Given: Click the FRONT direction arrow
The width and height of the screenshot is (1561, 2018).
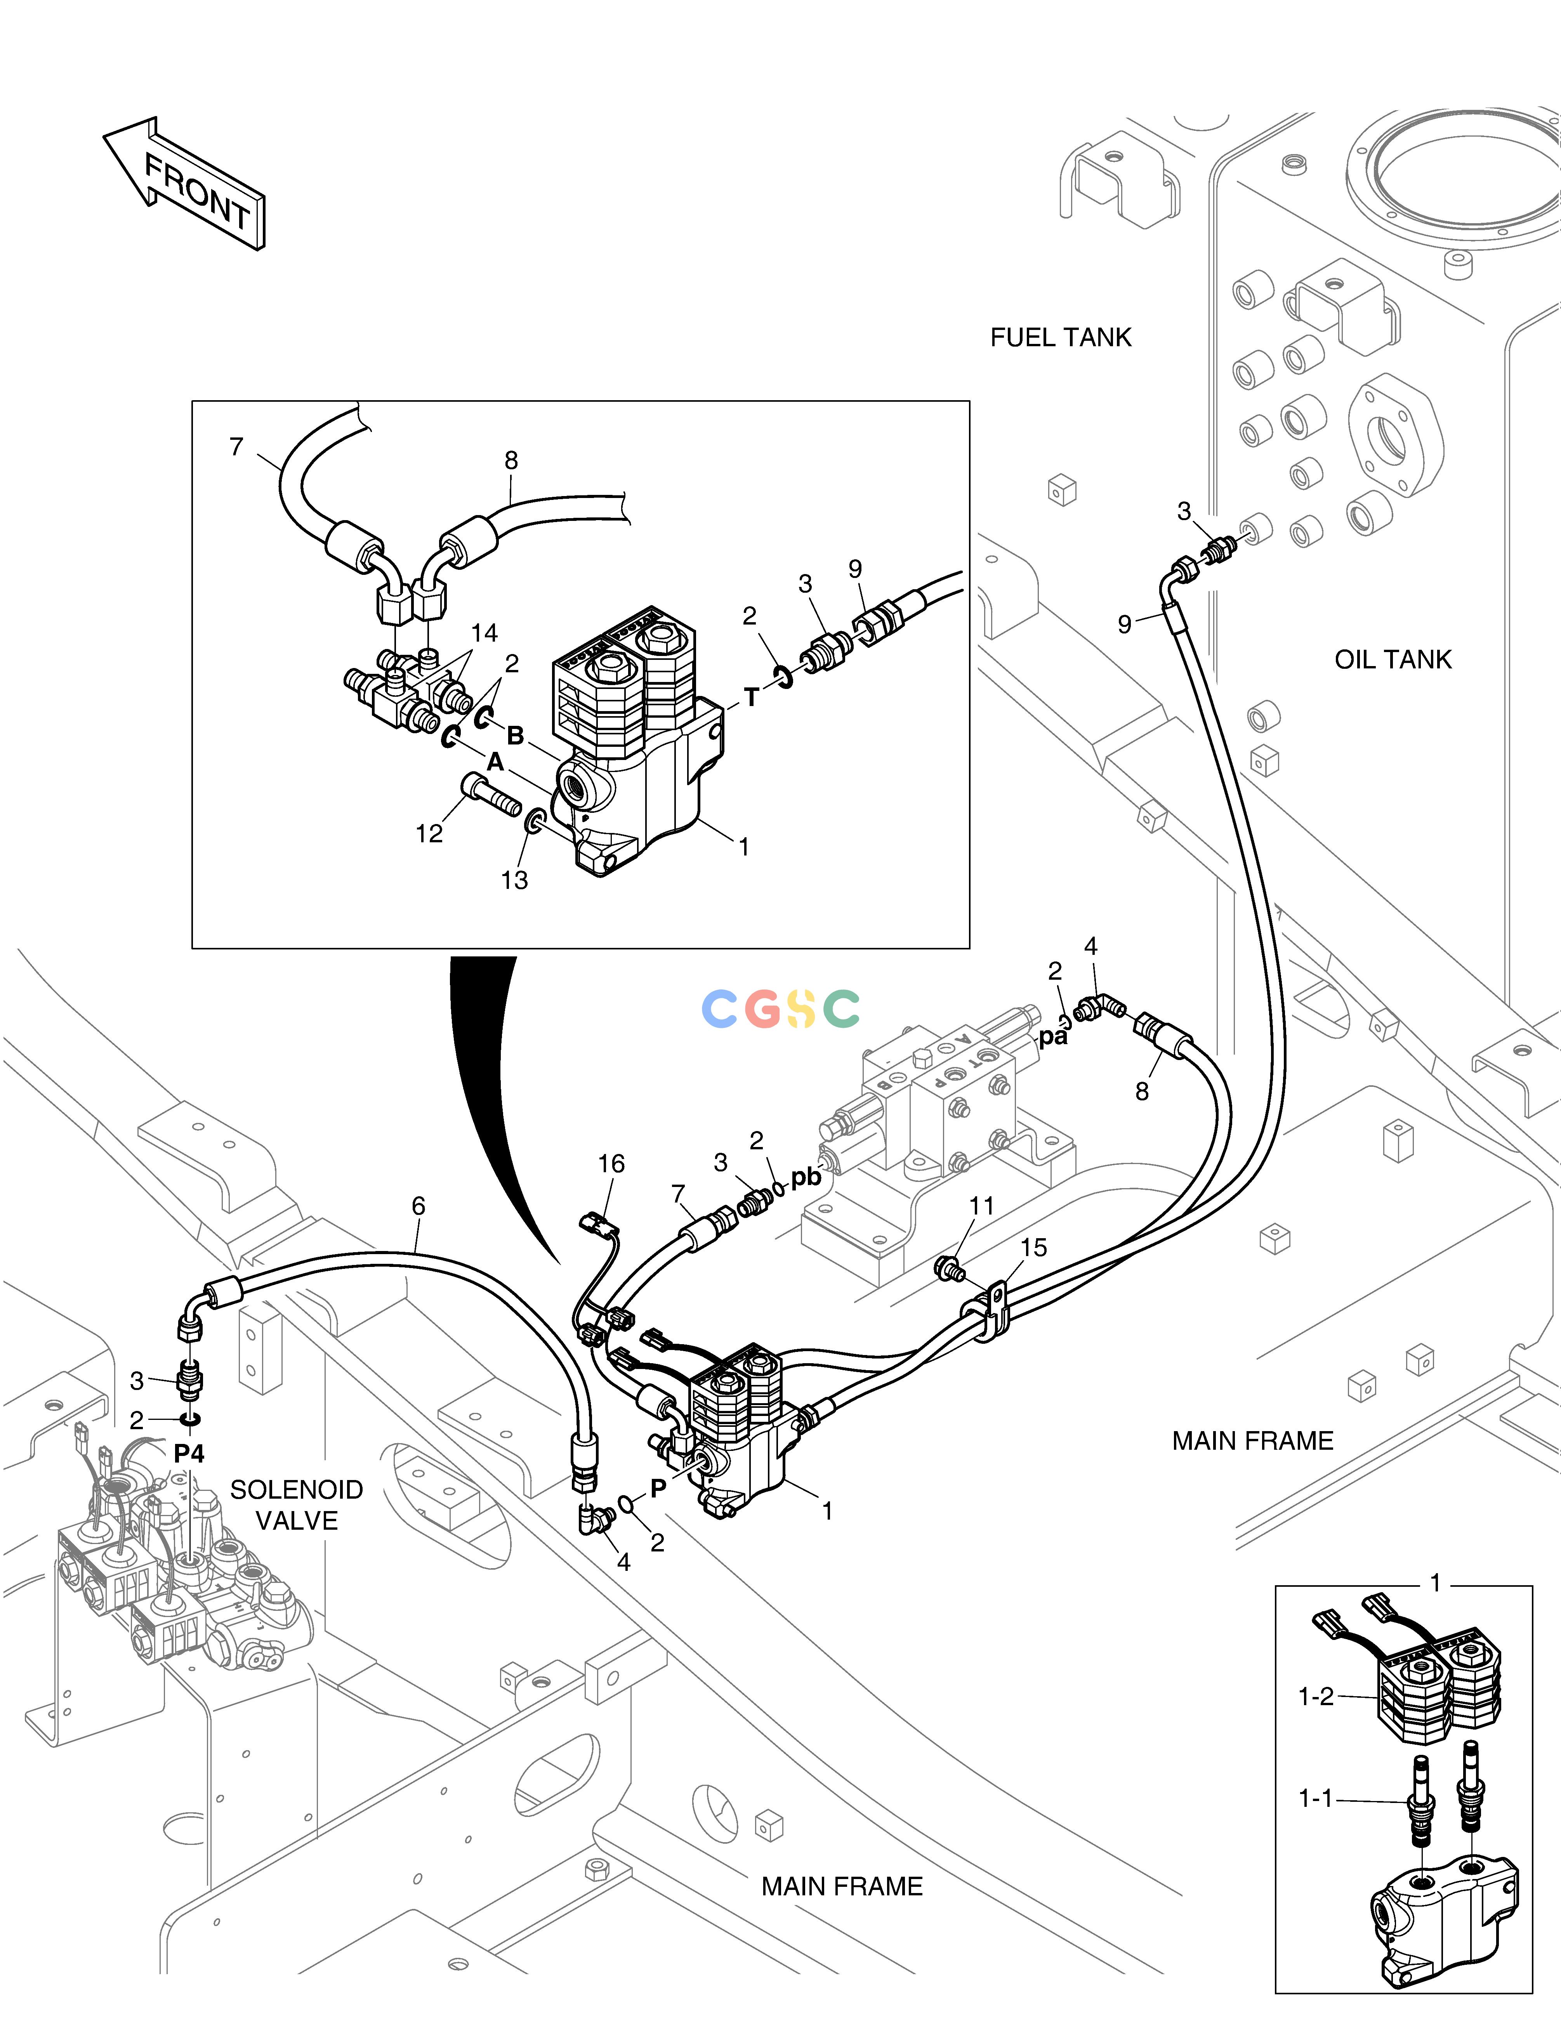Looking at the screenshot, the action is [x=185, y=185].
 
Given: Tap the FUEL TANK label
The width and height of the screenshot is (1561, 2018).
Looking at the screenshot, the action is [x=1061, y=337].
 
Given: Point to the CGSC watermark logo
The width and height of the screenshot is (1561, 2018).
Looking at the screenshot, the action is [x=781, y=1009].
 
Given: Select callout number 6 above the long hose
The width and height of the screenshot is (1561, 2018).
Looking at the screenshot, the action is [x=418, y=1206].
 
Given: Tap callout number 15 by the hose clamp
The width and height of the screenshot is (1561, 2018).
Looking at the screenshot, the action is [x=1033, y=1248].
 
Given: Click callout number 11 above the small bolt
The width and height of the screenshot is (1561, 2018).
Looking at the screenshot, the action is [x=981, y=1206].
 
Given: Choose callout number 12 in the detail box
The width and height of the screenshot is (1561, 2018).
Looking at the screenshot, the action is [x=429, y=833].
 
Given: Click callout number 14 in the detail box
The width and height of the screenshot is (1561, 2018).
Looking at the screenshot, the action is [x=484, y=633].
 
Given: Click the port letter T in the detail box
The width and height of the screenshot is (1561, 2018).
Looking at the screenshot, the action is [x=752, y=698].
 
